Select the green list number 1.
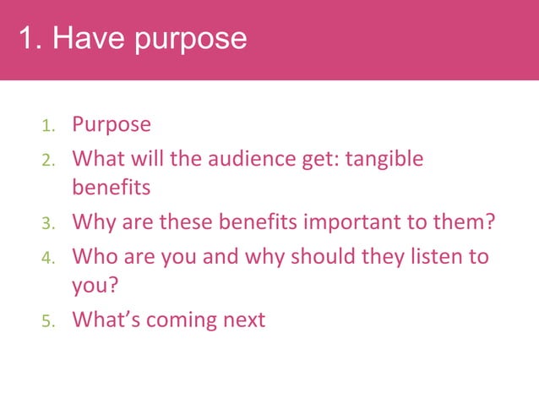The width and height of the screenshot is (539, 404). (49, 127)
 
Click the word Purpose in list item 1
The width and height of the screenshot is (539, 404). (112, 125)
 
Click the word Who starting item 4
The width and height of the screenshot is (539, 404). (94, 255)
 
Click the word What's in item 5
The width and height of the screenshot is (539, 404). (106, 320)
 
